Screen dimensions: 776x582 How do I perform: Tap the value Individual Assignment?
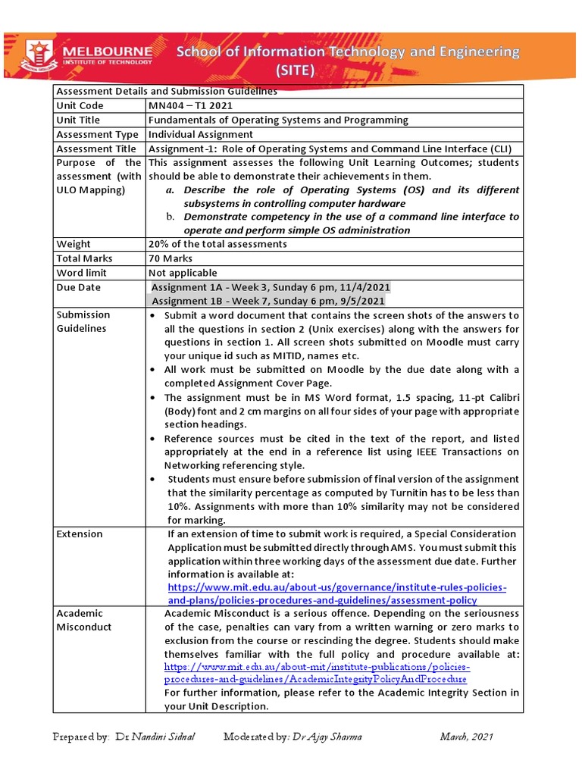click(x=201, y=134)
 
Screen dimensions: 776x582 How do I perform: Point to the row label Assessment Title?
click(x=96, y=149)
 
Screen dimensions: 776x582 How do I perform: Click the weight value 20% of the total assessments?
click(x=217, y=244)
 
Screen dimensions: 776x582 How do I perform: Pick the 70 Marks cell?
click(x=171, y=258)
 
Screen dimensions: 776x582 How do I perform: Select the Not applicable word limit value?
click(x=183, y=273)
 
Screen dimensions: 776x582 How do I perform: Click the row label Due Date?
click(x=78, y=287)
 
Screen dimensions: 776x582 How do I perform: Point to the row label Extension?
click(x=80, y=533)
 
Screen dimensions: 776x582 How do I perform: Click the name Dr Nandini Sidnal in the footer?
click(x=155, y=737)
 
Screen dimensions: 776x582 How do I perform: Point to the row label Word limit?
click(x=81, y=273)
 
